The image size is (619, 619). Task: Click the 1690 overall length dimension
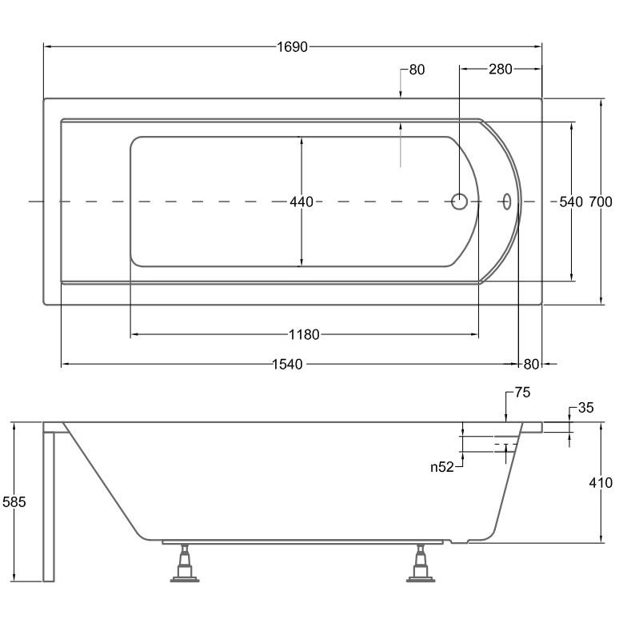[x=293, y=47]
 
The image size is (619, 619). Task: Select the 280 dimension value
[x=500, y=70]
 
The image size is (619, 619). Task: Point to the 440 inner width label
[x=302, y=202]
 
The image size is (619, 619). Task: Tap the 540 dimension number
[x=570, y=202]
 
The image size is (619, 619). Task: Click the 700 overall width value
[x=601, y=202]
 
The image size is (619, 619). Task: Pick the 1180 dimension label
[x=304, y=334]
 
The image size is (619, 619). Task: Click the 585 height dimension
[x=14, y=502]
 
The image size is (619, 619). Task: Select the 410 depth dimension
[x=601, y=483]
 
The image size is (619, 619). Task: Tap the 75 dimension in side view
[x=522, y=393]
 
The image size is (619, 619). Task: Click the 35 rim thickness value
[x=585, y=409]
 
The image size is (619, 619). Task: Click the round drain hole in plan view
[x=460, y=202]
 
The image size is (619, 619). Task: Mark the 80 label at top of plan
[x=417, y=70]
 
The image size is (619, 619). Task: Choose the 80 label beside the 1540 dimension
[x=533, y=365]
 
